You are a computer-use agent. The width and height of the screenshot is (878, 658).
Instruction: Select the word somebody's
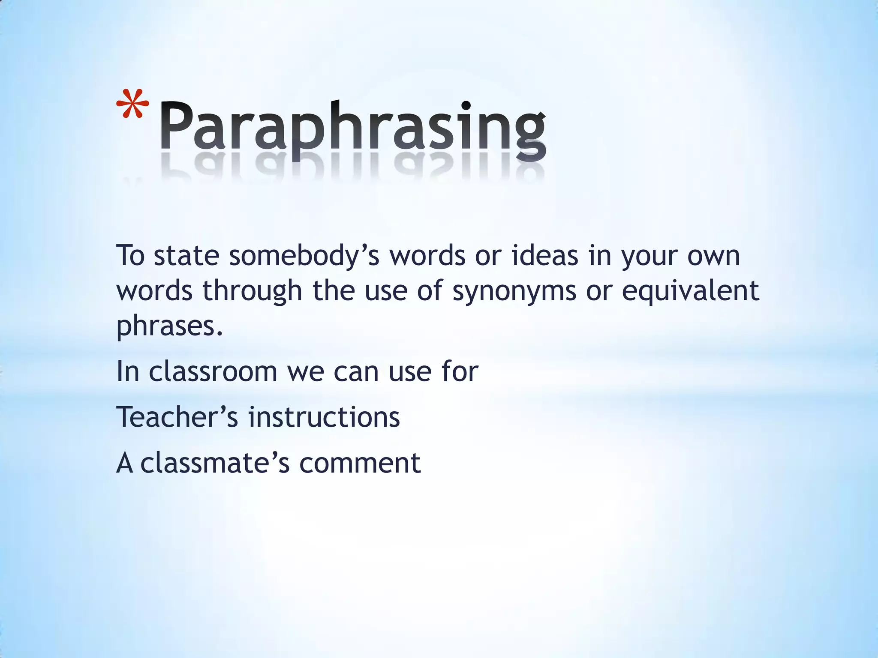coord(304,256)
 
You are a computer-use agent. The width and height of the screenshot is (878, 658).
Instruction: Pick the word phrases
coord(170,326)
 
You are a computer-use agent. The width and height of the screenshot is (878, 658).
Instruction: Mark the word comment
coord(360,464)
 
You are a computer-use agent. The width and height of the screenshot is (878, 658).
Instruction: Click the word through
coord(252,291)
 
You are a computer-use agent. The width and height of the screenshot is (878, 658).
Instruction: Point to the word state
coord(186,256)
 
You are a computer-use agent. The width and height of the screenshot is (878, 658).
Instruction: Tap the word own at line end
coord(713,257)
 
